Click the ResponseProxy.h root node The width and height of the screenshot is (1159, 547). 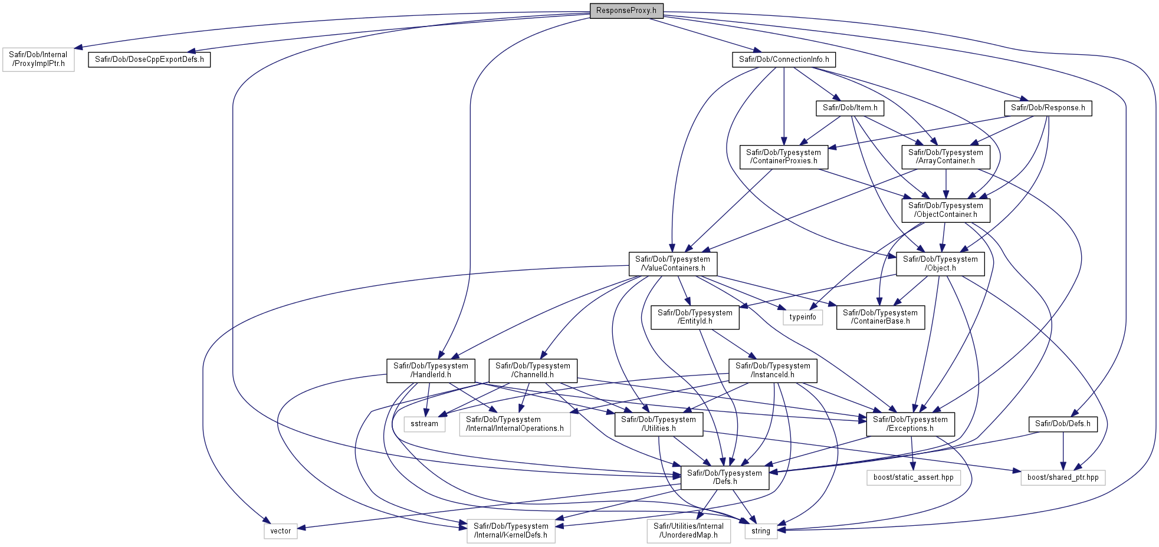(x=626, y=11)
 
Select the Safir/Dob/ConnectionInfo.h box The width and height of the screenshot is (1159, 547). (x=784, y=60)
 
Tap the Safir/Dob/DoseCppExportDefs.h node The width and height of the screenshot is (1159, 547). (x=149, y=60)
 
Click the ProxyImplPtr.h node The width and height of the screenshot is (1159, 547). (x=38, y=60)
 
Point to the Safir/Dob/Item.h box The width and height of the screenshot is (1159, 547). (x=850, y=108)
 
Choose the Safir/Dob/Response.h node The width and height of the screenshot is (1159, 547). (x=1048, y=108)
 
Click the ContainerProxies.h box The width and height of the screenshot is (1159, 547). (x=784, y=157)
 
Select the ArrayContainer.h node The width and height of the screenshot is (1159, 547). (x=946, y=157)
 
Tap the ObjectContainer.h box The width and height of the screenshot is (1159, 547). (x=946, y=210)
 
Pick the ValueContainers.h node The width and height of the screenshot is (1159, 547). (x=673, y=263)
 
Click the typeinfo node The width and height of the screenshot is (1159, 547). (x=803, y=317)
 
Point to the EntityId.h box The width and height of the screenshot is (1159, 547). (x=695, y=317)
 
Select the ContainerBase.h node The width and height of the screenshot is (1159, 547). (x=881, y=317)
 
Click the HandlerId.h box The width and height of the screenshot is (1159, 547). (x=431, y=370)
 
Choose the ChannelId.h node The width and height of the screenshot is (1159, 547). (x=533, y=370)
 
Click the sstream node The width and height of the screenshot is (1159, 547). (x=425, y=424)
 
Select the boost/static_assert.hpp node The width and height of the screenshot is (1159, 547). (x=914, y=477)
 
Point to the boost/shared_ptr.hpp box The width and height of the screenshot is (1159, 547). (x=1063, y=477)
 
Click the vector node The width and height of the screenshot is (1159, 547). (x=281, y=531)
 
